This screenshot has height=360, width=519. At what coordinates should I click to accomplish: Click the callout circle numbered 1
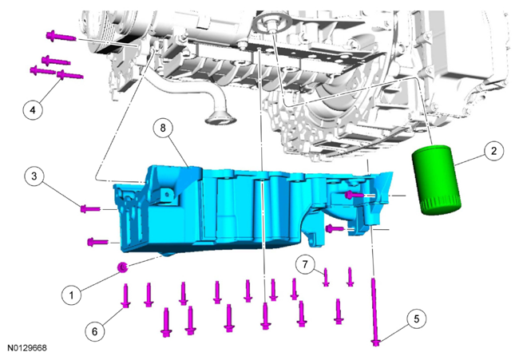point(72,295)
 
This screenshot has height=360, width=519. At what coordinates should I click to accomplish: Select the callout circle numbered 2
point(493,151)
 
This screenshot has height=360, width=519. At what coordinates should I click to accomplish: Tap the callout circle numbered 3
point(34,176)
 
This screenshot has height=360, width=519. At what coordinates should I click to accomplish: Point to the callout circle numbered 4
point(33,109)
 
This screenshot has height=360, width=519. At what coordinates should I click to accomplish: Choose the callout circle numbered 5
point(416,318)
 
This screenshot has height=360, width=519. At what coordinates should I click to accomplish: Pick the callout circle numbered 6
point(95,331)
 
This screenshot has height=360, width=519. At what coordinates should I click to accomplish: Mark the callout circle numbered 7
point(305,264)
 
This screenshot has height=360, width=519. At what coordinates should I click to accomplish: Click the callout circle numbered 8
point(163,128)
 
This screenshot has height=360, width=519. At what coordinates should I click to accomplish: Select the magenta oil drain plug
point(123,267)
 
